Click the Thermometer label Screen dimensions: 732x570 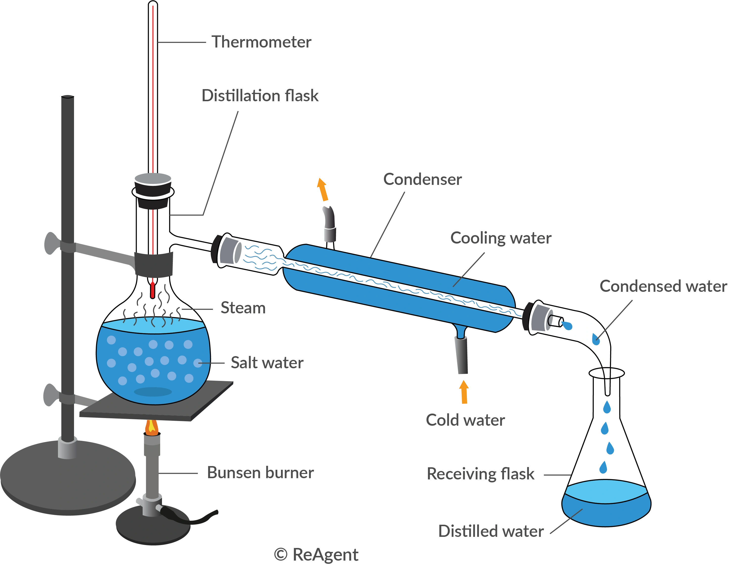pyautogui.click(x=261, y=42)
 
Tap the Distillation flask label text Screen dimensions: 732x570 pyautogui.click(x=260, y=96)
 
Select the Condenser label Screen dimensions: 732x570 pyautogui.click(x=422, y=180)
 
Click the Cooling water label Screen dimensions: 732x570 pyautogui.click(x=500, y=238)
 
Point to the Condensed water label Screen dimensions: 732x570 pyautogui.click(x=663, y=287)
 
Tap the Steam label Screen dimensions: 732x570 pyautogui.click(x=242, y=308)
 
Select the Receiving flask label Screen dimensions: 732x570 pyautogui.click(x=481, y=474)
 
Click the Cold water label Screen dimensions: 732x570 pyautogui.click(x=466, y=419)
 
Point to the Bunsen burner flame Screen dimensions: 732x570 pyautogui.click(x=152, y=427)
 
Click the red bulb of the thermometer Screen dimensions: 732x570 pyautogui.click(x=153, y=289)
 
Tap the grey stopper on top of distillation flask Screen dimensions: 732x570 pyautogui.click(x=153, y=178)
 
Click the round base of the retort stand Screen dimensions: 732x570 pyautogui.click(x=67, y=479)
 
